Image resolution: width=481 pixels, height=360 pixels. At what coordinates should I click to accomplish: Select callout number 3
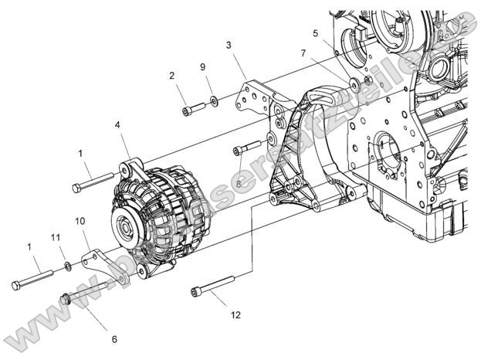tap(229, 46)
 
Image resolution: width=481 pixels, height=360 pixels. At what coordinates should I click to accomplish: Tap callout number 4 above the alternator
tap(117, 124)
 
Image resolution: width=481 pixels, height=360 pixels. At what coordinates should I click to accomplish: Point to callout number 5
tap(315, 33)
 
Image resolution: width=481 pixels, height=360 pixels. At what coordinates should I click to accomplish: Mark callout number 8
tap(239, 184)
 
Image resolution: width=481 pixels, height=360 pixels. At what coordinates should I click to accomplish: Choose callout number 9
tap(203, 67)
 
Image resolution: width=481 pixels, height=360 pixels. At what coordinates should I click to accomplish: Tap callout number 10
tap(79, 222)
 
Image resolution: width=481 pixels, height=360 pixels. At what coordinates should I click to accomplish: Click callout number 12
tap(235, 315)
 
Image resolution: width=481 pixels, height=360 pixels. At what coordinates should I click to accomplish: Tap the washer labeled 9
tap(212, 100)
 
